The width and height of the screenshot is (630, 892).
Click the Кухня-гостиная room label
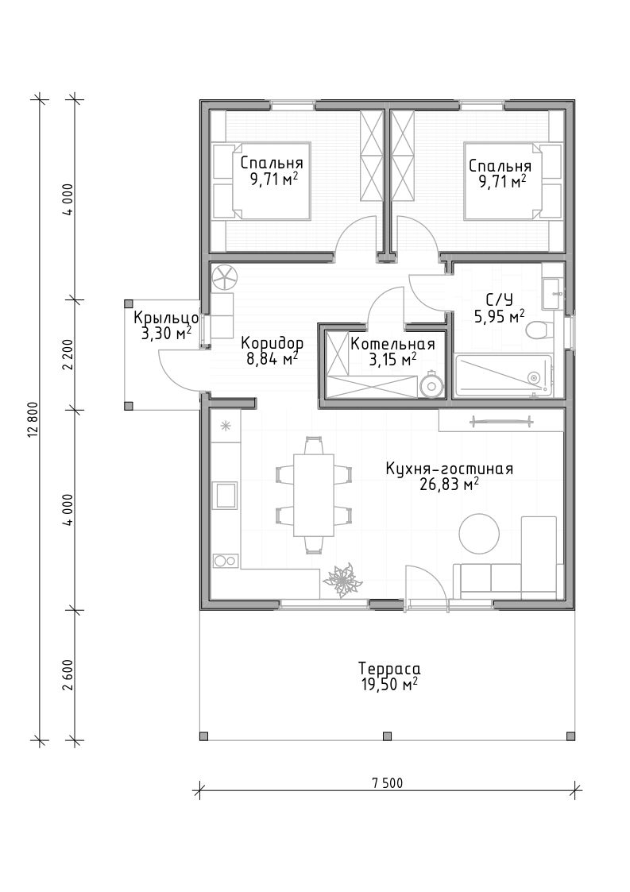pos(449,469)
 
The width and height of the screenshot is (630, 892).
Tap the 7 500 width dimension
pos(387,783)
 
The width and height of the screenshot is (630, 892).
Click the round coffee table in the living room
pos(479,534)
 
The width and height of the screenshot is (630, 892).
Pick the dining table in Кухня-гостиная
pos(314,495)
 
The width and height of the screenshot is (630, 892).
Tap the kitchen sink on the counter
pos(225,494)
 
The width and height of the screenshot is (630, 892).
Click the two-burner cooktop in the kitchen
pos(225,561)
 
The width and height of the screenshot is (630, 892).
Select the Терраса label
pos(389,669)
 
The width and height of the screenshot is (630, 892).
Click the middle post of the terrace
pos(387,736)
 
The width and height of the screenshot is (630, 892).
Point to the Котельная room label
pos(392,344)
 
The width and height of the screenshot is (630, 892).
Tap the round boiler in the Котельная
pos(431,384)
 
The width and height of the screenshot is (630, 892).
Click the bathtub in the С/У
pos(503,376)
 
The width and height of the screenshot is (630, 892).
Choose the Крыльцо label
pos(165,318)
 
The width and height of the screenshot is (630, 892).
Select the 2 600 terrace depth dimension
pos(69,675)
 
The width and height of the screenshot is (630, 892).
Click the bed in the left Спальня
pos(262,181)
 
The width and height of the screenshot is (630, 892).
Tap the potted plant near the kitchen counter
pos(342,581)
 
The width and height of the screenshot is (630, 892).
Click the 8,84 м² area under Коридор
pos(272,360)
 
